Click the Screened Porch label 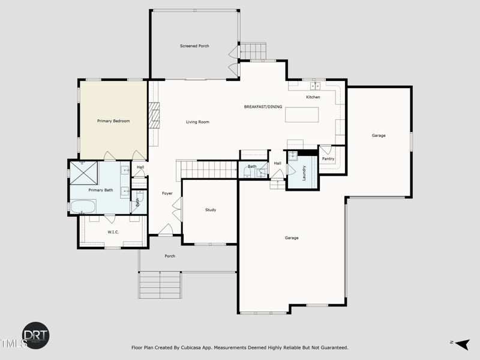pyautogui.click(x=194, y=46)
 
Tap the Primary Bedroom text pyautogui.click(x=113, y=121)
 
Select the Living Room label pyautogui.click(x=197, y=122)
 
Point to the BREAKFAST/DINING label pyautogui.click(x=263, y=107)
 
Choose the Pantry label pyautogui.click(x=328, y=159)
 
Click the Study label pyautogui.click(x=211, y=210)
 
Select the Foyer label pyautogui.click(x=167, y=193)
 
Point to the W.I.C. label pyautogui.click(x=113, y=232)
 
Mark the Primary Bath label pyautogui.click(x=100, y=190)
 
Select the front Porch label pyautogui.click(x=170, y=256)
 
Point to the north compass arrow pyautogui.click(x=461, y=343)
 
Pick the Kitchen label pyautogui.click(x=313, y=97)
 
